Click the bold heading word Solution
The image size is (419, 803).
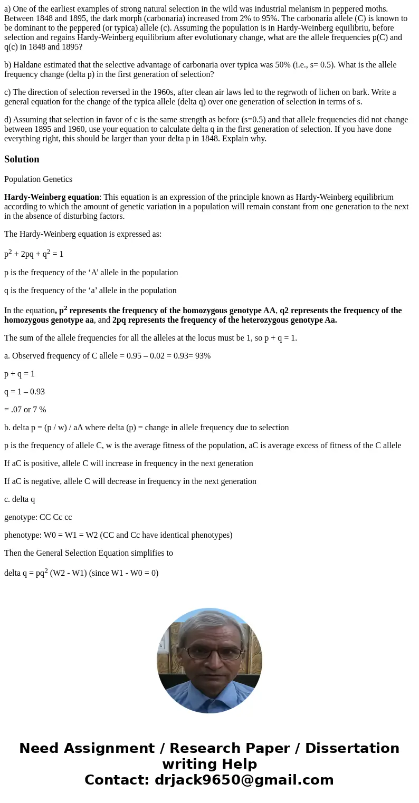(x=22, y=159)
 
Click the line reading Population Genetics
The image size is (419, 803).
(x=38, y=179)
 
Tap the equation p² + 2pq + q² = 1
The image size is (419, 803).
(x=34, y=254)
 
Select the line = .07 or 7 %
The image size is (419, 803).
(x=25, y=410)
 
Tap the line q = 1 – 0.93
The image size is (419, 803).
(x=24, y=392)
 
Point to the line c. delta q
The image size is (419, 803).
(x=20, y=499)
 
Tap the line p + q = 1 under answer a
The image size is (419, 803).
(x=20, y=374)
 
